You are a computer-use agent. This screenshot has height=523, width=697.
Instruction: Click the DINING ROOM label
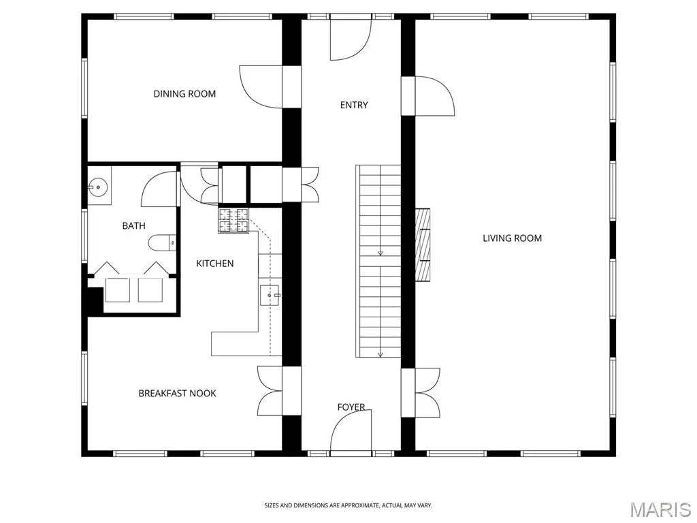coord(184,94)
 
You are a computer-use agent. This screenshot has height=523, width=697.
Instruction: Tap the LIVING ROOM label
coord(512,238)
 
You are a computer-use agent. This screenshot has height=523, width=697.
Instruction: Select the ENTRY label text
coord(354,105)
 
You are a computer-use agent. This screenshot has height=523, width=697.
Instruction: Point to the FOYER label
coord(351,407)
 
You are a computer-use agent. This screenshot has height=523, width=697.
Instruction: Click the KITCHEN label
coord(214,264)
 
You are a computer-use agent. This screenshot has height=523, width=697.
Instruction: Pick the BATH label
coord(134,226)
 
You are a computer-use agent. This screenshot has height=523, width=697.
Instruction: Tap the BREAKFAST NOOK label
coord(178,393)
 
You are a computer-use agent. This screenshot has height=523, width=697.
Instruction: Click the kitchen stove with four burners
coord(233,221)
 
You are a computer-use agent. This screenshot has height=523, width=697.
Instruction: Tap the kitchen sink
coord(270,296)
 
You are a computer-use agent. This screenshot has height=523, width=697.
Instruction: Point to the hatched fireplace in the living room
coord(423,244)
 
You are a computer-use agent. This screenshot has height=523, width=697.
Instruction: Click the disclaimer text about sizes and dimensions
coord(348,505)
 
